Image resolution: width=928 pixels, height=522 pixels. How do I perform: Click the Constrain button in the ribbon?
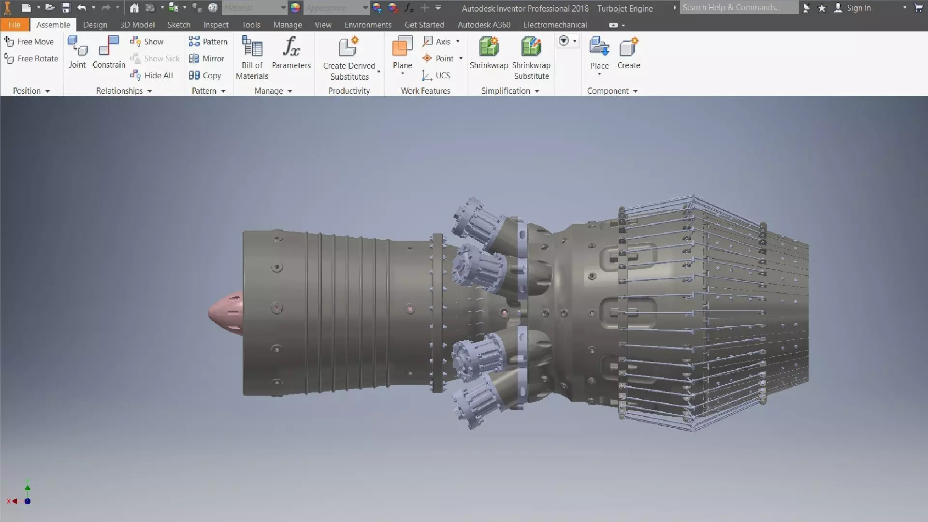[109, 52]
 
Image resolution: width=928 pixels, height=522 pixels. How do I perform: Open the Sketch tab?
[179, 25]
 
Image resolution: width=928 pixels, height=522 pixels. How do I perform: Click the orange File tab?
[14, 25]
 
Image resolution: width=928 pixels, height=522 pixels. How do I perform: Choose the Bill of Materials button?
[252, 57]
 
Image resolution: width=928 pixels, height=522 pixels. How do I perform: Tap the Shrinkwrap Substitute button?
[531, 57]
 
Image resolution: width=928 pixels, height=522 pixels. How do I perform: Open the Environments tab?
[368, 25]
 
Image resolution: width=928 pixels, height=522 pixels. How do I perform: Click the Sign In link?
[858, 8]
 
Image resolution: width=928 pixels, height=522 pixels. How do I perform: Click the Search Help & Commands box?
[738, 8]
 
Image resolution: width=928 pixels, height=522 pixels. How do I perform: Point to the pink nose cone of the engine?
[225, 313]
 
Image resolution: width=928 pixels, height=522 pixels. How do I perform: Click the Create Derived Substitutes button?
[349, 57]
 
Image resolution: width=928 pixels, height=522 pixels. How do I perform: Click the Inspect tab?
[216, 25]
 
